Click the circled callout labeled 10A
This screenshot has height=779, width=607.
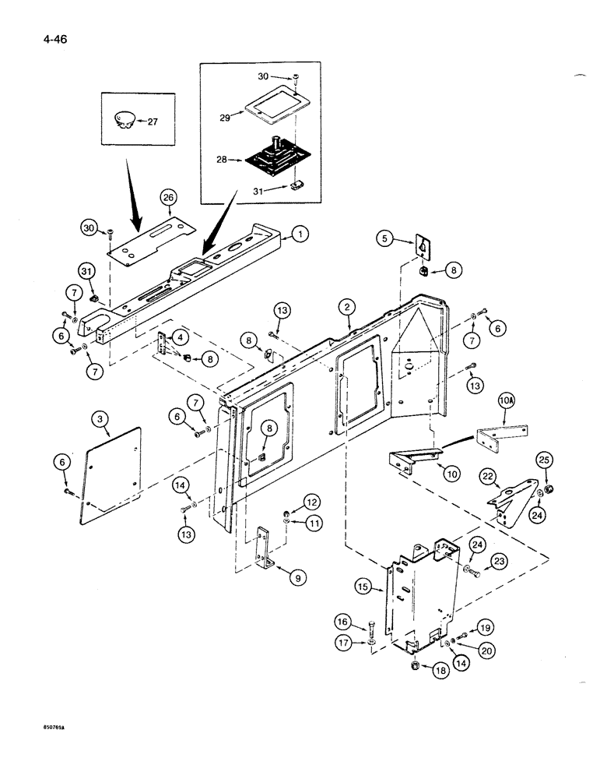coord(507,403)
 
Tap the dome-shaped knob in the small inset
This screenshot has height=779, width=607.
coord(124,119)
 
